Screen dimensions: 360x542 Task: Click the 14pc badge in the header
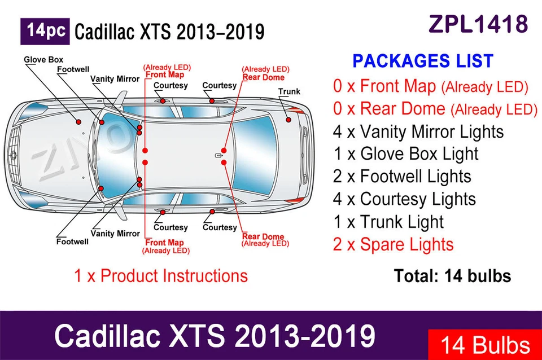coord(45,32)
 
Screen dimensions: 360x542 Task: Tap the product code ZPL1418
coord(478,24)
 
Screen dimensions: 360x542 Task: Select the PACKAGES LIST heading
coord(423,61)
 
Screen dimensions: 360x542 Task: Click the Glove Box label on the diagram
coord(43,59)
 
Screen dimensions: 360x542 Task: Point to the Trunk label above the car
coord(289,91)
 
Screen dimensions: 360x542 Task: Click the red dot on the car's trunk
coord(288,120)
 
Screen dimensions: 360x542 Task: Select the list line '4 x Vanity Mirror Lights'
coord(418,131)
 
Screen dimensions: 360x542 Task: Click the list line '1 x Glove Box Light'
coord(405,154)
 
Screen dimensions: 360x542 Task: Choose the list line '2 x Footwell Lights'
coord(401,177)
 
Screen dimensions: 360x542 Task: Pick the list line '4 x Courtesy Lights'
coord(404,199)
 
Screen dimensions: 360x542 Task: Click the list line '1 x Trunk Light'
coord(388,222)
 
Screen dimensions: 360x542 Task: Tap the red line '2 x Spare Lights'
coord(393,245)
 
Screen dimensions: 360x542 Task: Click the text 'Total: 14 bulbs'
coord(452,276)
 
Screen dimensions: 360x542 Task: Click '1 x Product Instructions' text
coord(160,276)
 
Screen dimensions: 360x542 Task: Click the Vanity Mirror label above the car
coord(115,79)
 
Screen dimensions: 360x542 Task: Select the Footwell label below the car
coord(72,242)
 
